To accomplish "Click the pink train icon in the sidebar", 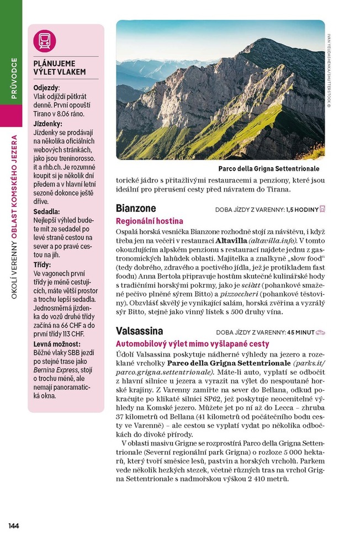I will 45,41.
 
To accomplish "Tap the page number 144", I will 14,526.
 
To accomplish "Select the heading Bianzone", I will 136,209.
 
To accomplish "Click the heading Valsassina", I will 139,331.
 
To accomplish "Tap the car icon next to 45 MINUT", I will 321,332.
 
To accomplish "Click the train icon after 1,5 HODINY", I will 322,209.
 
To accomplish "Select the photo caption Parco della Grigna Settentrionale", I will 268,169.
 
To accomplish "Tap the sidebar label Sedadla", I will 47,211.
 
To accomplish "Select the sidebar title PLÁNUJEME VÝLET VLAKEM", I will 60,67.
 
